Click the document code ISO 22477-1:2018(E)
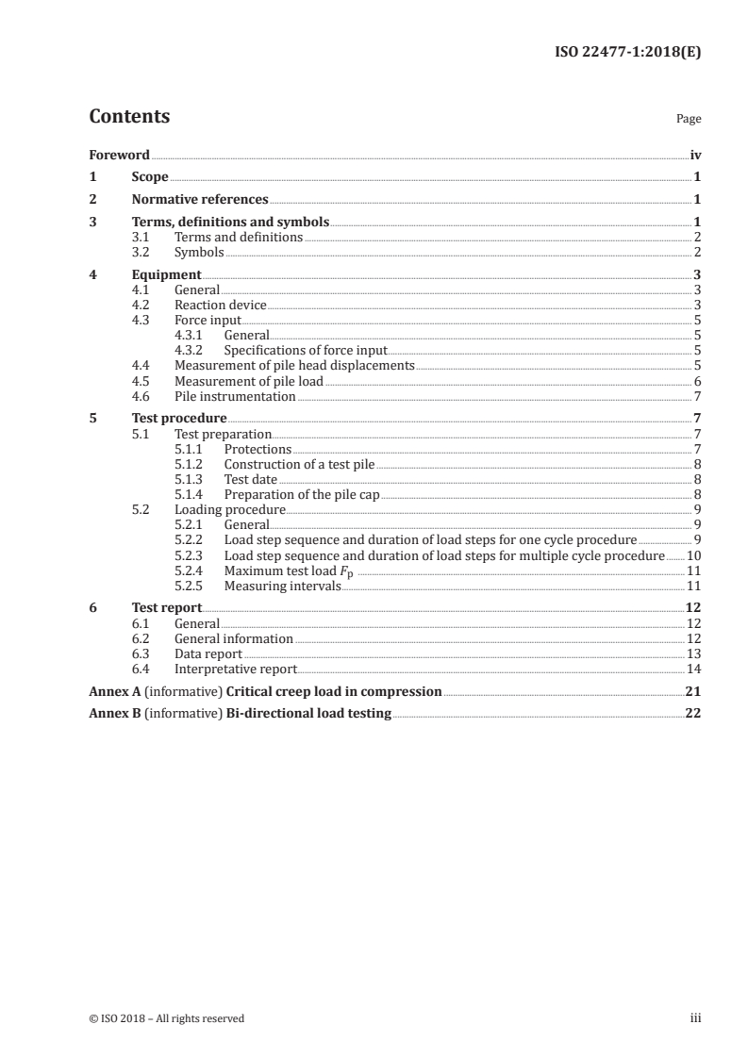[626, 54]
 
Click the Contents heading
[129, 117]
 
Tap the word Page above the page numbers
[689, 120]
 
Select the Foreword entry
[119, 155]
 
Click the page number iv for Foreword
[695, 155]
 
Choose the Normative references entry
[200, 199]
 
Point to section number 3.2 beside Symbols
[141, 252]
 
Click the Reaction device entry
[221, 305]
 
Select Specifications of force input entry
[306, 350]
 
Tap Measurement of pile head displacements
[294, 365]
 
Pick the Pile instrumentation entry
[235, 397]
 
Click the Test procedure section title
[179, 419]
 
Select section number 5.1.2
[190, 464]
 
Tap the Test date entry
[250, 479]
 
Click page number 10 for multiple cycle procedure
[693, 555]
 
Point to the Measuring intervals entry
[282, 586]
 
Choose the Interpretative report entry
[236, 669]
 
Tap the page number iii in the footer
[695, 1018]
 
